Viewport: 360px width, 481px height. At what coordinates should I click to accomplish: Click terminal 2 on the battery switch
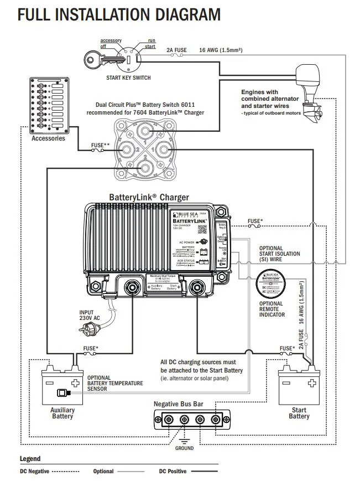144,167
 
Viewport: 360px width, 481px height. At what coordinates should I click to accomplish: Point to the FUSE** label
100,146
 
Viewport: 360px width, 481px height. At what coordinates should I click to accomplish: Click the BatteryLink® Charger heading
149,197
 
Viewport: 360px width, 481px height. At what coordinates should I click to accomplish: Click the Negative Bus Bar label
179,404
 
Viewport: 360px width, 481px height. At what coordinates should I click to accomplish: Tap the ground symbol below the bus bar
185,441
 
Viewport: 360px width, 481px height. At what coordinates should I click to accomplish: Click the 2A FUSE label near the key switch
176,50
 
